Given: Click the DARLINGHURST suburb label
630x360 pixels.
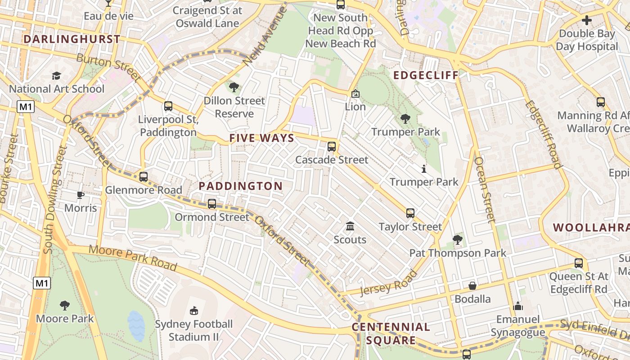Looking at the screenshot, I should pos(72,39).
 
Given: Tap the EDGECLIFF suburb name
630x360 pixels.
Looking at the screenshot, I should pos(426,75).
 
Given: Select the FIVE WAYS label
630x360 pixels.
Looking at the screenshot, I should pos(261,138).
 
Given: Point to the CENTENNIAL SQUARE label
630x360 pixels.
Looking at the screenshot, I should pos(391,333).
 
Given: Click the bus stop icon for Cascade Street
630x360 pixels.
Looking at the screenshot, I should pos(332,146).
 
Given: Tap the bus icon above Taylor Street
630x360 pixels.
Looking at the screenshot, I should pos(410,213).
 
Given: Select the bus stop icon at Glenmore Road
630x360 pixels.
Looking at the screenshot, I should pos(144,176).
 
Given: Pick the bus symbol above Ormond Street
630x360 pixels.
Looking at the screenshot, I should pos(212,203).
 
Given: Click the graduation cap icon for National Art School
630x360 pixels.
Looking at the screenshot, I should pos(56,75).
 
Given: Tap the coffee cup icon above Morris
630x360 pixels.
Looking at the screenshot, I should pos(80,194).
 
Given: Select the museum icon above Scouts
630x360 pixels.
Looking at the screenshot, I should pos(350,226).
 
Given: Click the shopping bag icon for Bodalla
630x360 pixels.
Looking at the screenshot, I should pos(472,286).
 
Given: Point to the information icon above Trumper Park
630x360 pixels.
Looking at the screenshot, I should pos(423,169).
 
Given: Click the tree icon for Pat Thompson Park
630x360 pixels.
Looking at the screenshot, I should pos(458,239).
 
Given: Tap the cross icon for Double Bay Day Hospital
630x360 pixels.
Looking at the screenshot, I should pos(587,20).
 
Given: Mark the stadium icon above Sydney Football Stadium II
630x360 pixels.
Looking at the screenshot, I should pos(193,310).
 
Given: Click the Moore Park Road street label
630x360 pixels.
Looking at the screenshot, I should pos(133,257).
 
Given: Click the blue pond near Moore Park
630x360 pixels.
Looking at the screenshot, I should pos(136,325).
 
